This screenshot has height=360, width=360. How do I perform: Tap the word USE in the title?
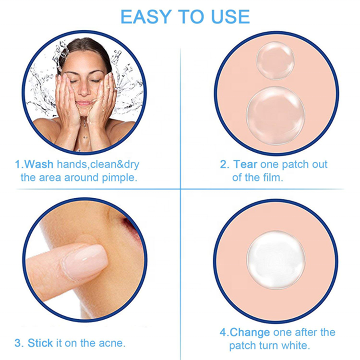[227, 17]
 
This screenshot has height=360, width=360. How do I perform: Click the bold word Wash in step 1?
[39, 165]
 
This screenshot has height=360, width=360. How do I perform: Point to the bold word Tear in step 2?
[246, 165]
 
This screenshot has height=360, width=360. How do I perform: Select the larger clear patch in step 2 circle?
[276, 116]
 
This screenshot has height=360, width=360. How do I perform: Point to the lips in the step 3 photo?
[132, 223]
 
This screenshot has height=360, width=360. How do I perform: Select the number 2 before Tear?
[224, 165]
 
